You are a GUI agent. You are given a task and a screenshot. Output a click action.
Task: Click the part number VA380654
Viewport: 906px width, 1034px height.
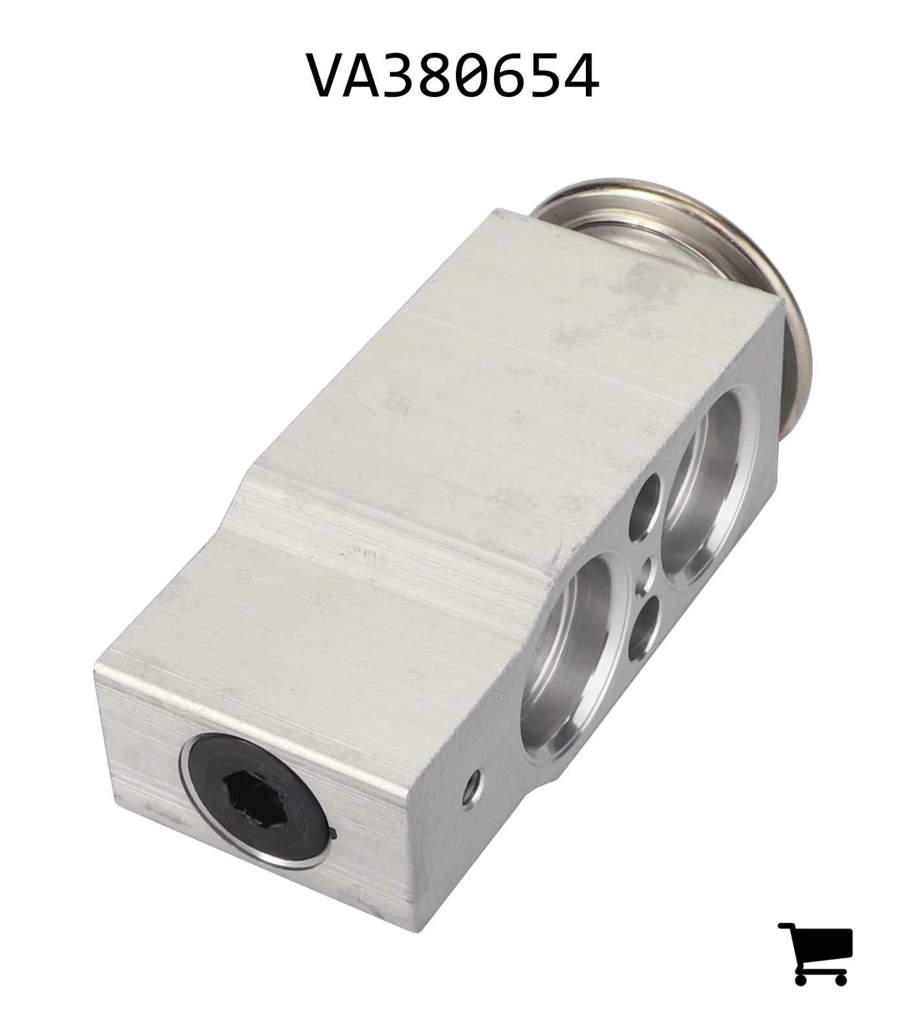click(453, 76)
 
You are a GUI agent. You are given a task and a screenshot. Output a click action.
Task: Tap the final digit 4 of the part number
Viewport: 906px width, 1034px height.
click(581, 76)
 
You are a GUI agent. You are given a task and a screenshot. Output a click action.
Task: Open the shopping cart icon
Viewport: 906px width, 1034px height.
click(815, 953)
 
